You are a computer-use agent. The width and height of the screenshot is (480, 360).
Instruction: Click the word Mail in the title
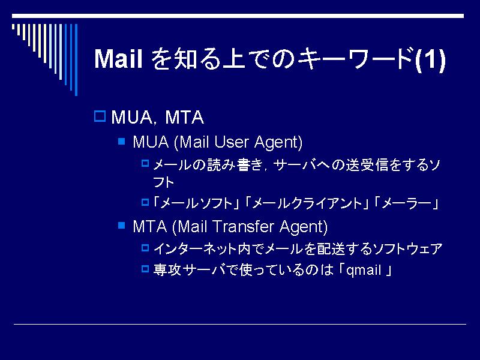(118, 58)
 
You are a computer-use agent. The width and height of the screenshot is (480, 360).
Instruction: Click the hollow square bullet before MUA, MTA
(100, 116)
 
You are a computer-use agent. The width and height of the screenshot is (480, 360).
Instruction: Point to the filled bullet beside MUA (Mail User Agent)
(122, 141)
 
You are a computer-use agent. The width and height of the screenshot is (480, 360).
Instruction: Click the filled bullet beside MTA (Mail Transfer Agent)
(122, 226)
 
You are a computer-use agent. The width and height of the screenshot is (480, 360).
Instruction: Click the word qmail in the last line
(364, 271)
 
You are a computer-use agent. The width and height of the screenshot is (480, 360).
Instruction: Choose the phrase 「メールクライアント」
(306, 203)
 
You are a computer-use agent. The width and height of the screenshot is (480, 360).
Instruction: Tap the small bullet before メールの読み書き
(145, 163)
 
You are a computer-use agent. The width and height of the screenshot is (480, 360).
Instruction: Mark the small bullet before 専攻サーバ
(145, 269)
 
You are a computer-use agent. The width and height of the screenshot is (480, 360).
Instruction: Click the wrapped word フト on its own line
(163, 182)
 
